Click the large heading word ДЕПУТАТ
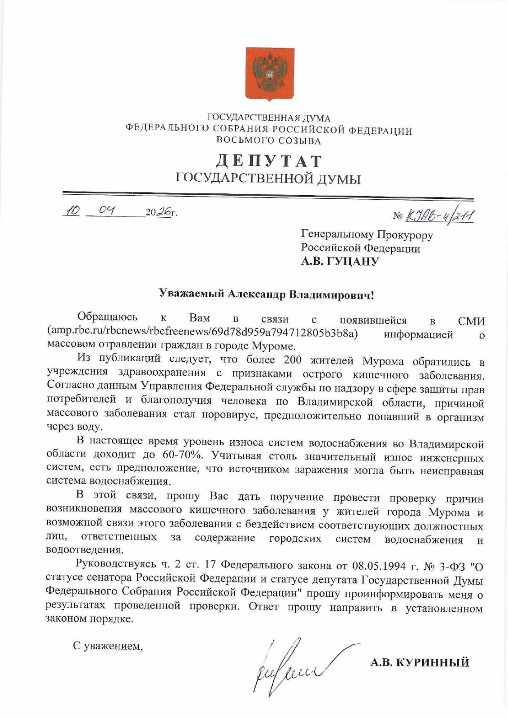(x=268, y=161)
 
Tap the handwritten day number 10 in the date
(x=72, y=210)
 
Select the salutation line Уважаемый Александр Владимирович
(x=267, y=295)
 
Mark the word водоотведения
(x=84, y=549)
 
